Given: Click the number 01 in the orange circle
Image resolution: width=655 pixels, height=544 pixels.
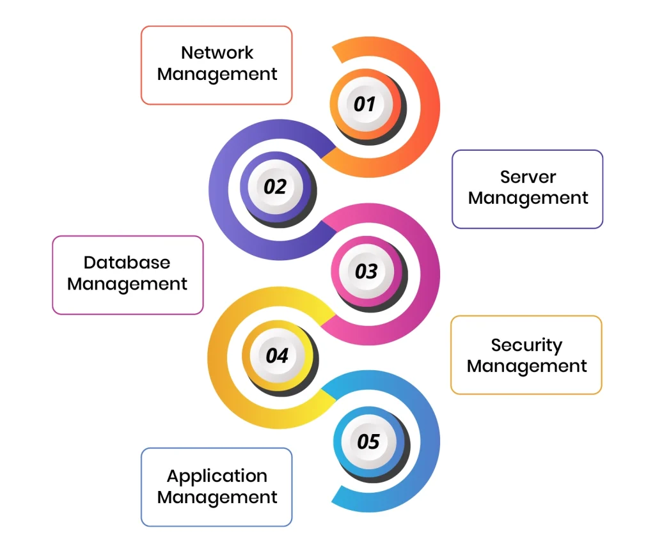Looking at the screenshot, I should (364, 104).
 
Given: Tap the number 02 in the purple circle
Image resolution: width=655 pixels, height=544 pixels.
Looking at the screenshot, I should (275, 187).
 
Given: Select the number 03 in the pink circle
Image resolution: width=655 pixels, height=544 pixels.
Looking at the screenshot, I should (366, 271).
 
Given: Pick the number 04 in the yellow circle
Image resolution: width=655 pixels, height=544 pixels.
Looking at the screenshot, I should (277, 355).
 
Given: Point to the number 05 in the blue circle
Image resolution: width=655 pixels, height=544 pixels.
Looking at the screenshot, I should (368, 441).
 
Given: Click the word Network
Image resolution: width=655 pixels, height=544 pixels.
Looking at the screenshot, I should (217, 52).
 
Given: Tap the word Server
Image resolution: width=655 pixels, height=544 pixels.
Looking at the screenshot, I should (528, 176).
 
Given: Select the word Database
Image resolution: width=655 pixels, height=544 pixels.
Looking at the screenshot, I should (127, 262).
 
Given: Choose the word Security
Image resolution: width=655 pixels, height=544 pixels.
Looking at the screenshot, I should (526, 345).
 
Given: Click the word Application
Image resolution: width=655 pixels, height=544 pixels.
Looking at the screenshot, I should (217, 476).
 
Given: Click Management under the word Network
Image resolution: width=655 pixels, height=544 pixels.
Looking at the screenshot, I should (217, 74).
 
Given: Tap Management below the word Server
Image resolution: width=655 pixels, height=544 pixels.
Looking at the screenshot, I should (528, 198).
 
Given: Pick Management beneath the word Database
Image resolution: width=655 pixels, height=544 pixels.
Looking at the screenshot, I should (127, 284).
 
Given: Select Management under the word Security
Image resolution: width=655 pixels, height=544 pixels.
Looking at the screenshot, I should (526, 366).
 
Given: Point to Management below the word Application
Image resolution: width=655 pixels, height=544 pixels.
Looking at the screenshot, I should (217, 497).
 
